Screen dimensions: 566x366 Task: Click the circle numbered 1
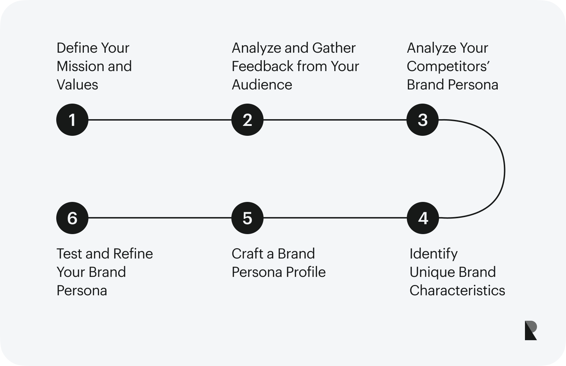click(x=72, y=120)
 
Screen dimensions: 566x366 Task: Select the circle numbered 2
click(x=247, y=120)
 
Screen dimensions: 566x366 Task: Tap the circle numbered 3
click(x=422, y=120)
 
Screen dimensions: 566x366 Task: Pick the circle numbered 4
click(x=423, y=218)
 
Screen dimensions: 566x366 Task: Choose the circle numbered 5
click(x=247, y=218)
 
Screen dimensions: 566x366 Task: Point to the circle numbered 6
click(x=72, y=218)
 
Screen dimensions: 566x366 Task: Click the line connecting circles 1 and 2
click(x=160, y=120)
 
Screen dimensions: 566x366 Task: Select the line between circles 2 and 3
click(x=335, y=120)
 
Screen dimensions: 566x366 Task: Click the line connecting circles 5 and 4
click(x=335, y=218)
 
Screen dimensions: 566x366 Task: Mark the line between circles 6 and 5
click(x=160, y=218)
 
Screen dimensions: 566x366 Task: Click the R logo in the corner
click(x=531, y=330)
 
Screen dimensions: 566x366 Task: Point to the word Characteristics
click(x=457, y=290)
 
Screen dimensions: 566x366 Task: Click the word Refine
click(x=133, y=254)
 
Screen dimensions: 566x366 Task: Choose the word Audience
click(x=262, y=85)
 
